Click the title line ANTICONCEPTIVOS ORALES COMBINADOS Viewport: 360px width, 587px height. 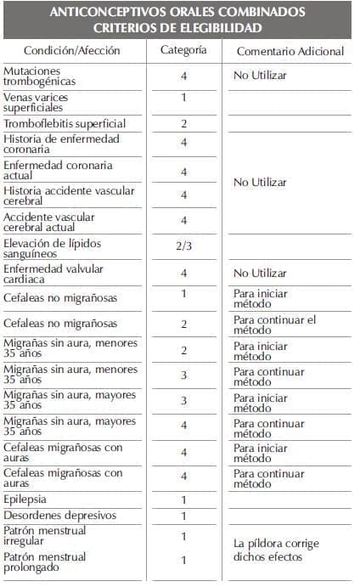click(x=177, y=13)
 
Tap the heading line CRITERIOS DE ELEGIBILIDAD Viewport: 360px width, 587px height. click(x=178, y=28)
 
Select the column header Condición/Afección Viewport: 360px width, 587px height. click(x=72, y=51)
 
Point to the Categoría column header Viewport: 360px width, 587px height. click(x=183, y=50)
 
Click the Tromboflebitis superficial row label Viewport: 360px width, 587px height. click(x=65, y=124)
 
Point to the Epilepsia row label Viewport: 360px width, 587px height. click(x=25, y=500)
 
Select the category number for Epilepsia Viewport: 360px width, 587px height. click(x=183, y=500)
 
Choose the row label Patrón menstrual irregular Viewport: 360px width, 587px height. click(x=46, y=537)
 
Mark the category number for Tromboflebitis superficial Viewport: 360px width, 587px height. click(x=183, y=124)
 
